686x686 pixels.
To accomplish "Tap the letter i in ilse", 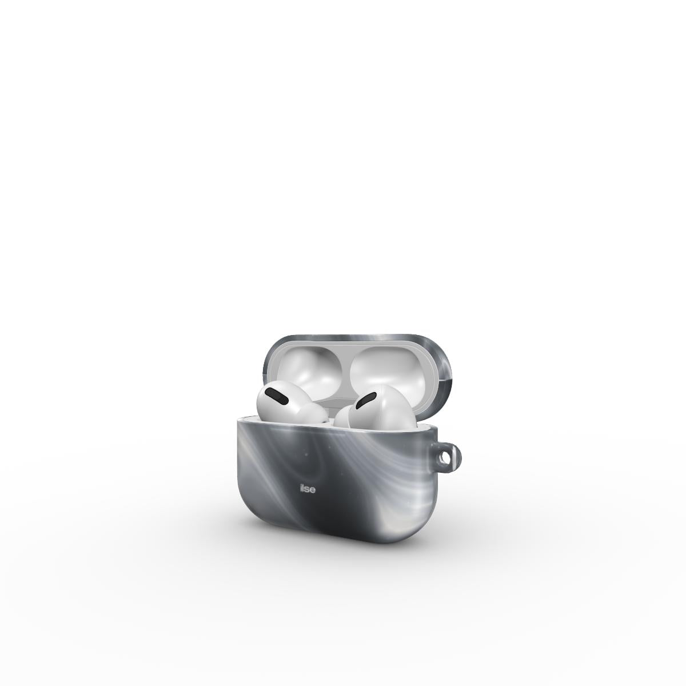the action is (301, 489).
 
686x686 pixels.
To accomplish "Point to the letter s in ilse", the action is (307, 490).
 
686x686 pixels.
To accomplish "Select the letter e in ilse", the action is (313, 490).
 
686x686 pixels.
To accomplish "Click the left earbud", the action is (291, 404).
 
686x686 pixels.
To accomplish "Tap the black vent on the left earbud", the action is (278, 396).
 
